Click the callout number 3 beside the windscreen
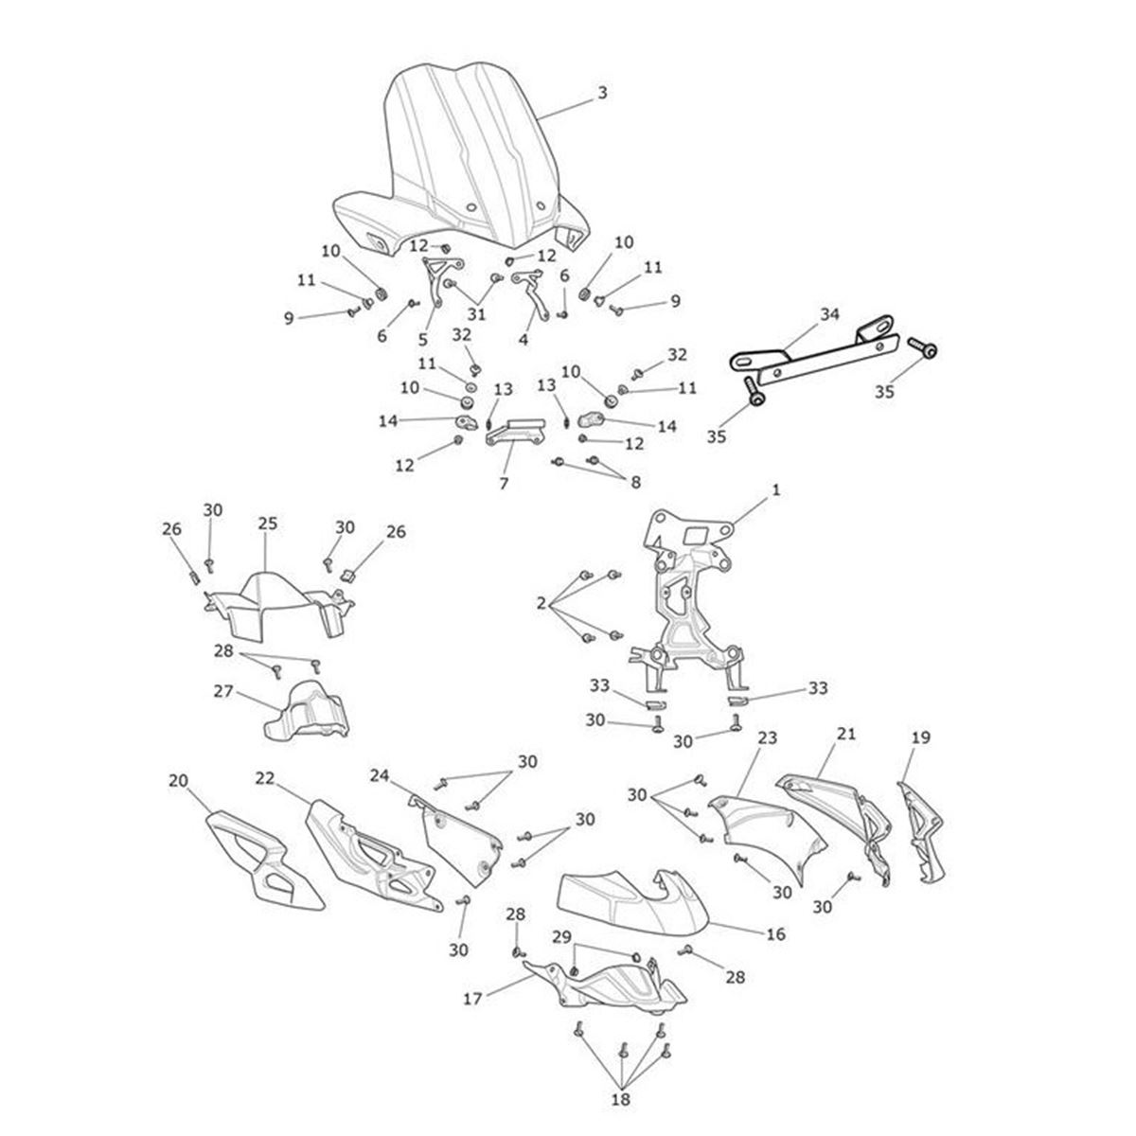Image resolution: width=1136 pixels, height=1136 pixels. [x=602, y=93]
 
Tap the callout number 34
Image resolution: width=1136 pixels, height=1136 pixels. [x=829, y=315]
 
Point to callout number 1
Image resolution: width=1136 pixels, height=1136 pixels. [x=776, y=489]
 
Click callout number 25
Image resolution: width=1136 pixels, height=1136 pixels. [x=267, y=524]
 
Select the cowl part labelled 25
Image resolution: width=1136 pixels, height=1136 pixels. [x=277, y=607]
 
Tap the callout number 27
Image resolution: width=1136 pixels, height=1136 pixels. [x=223, y=691]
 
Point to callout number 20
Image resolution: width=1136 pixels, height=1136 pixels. [x=178, y=780]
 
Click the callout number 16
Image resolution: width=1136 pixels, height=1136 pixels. [x=776, y=933]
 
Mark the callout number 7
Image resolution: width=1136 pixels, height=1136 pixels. [x=504, y=484]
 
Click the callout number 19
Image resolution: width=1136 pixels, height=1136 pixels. [x=921, y=737]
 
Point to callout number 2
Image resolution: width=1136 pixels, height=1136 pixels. [x=541, y=603]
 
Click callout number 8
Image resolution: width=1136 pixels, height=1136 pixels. [x=635, y=482]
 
